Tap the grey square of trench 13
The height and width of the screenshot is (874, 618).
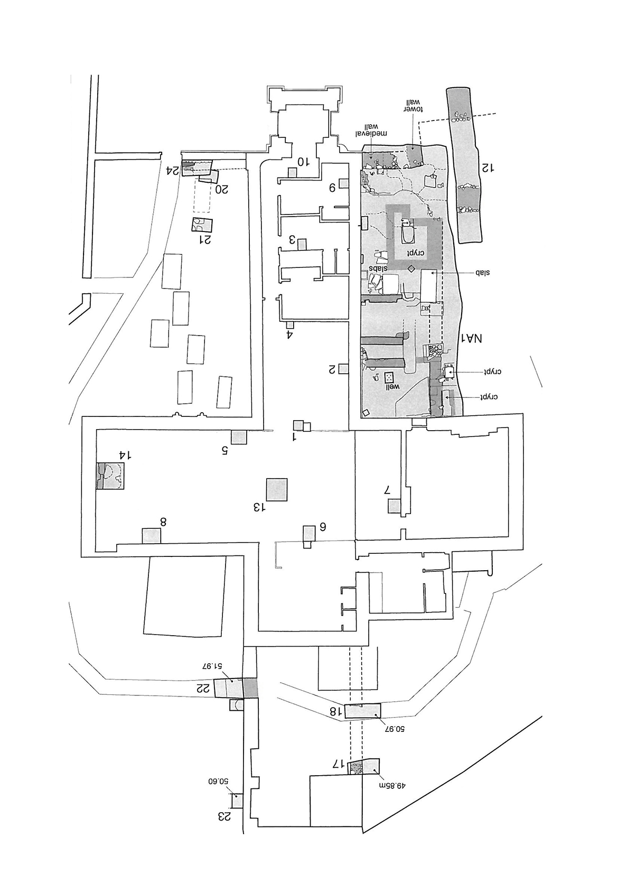pos(277,489)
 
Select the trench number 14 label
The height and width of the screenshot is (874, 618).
pos(126,455)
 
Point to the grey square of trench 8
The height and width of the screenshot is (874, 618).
pos(151,535)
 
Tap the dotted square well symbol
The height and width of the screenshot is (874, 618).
pos(389,377)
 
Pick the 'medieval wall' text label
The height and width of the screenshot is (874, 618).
pos(371,129)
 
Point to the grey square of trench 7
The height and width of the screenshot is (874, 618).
pos(394,506)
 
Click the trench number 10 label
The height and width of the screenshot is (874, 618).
pos(303,161)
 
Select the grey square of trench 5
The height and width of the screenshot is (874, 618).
pos(239,437)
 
